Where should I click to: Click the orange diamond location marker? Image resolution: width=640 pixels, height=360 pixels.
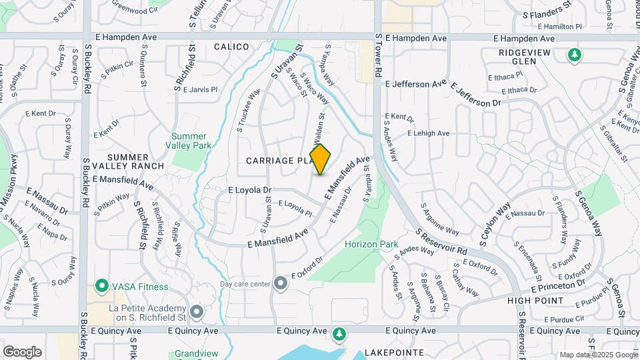coord(321,159)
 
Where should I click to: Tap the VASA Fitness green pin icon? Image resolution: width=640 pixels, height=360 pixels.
coord(102,287)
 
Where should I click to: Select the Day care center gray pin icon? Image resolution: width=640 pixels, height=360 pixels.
coord(281,284)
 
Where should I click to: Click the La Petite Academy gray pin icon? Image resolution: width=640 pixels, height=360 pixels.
coord(196,311)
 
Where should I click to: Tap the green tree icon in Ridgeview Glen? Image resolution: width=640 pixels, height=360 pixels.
coord(573,55)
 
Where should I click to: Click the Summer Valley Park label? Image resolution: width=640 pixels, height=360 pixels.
coord(189,141)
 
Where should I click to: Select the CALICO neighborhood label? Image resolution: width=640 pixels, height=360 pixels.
coord(232,47)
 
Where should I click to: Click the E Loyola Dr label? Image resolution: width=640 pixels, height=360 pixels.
coord(249,190)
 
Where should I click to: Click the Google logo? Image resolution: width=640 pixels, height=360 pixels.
coord(22,351)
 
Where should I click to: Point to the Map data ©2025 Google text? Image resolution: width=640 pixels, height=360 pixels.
coord(598,355)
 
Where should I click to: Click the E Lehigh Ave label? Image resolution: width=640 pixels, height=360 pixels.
coord(429,133)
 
